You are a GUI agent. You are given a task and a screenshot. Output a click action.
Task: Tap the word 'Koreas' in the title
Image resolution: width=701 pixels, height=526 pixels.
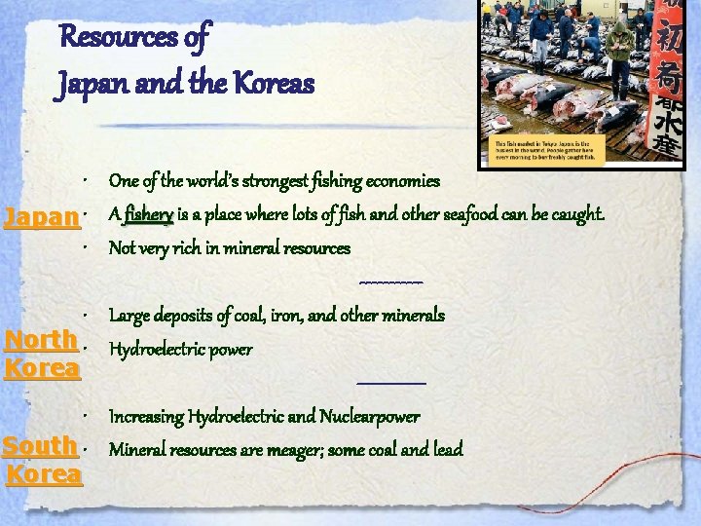coord(278,84)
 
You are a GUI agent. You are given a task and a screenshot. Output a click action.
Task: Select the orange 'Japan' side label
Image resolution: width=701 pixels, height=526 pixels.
coord(40,216)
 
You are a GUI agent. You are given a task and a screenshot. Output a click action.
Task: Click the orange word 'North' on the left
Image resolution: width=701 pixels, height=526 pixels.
coord(40,339)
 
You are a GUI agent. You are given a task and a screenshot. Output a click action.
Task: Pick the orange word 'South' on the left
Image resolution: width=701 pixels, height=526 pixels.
coord(40,445)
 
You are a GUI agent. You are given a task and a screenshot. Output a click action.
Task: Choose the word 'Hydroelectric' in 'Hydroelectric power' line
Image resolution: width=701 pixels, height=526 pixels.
coord(155,349)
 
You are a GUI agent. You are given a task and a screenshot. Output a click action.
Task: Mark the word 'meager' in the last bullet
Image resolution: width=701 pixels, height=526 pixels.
coord(305,449)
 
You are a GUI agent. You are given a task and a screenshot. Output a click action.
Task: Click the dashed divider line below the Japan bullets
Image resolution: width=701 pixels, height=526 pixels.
coord(390,282)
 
